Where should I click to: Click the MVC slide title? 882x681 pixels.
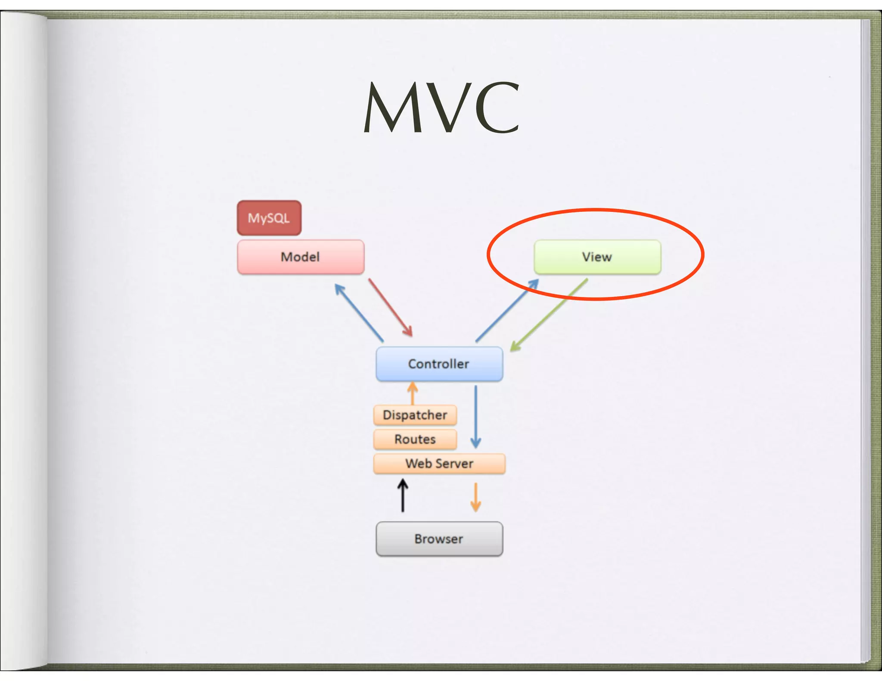point(441,108)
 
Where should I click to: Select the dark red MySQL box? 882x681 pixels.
point(269,218)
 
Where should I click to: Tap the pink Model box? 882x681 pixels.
point(301,257)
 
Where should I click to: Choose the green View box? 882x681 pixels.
point(597,257)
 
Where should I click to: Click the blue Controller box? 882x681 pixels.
point(439,364)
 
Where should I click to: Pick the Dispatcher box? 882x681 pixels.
point(415,415)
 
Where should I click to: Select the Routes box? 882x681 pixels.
point(415,439)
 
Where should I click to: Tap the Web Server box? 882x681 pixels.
point(439,464)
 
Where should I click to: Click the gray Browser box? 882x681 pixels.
point(439,539)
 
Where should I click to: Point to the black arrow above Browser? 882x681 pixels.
point(403,496)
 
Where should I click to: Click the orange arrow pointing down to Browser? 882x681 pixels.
point(475,497)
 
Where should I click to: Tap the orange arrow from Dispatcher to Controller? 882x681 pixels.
point(413,393)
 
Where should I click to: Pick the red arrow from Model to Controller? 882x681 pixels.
point(390,307)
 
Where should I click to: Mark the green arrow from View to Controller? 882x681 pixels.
point(549,315)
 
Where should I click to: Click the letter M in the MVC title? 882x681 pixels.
point(394,108)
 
